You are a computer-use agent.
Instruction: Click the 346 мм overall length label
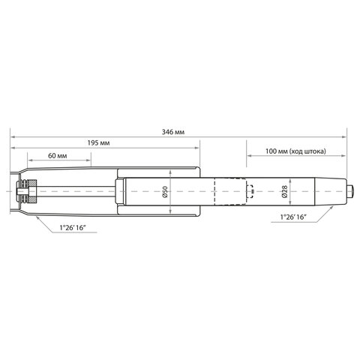[x=174, y=131]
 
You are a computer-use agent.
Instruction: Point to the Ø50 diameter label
[x=164, y=193]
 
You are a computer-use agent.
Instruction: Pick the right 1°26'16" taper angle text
[x=294, y=216]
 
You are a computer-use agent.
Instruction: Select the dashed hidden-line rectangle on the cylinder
[x=231, y=193]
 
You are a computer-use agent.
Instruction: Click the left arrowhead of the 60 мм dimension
[x=31, y=160]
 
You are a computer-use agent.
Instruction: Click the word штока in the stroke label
[x=315, y=151]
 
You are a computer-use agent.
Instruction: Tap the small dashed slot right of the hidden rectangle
[x=252, y=193]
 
